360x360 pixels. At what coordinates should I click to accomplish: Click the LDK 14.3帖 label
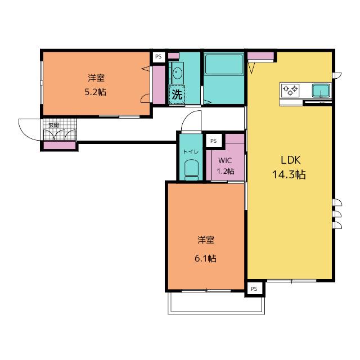click(289, 167)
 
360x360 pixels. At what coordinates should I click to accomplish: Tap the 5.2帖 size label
click(96, 92)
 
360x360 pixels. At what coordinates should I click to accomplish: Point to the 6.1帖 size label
click(205, 259)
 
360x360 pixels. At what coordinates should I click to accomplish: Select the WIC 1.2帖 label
click(225, 166)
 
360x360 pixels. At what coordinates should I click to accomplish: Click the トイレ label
click(191, 151)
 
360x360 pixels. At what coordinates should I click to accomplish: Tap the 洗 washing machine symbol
click(177, 94)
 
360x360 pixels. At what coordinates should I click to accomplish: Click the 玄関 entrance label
click(54, 125)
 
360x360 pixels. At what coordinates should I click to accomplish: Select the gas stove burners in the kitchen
click(290, 89)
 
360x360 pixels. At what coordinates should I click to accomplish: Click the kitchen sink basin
click(321, 90)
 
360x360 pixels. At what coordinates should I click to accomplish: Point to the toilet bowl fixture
click(191, 170)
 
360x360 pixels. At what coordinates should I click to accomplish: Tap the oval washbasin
click(177, 73)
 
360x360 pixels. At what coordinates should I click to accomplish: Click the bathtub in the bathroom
click(224, 64)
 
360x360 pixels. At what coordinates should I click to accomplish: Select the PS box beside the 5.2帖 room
click(159, 57)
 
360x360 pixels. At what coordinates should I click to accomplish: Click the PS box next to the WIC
click(214, 141)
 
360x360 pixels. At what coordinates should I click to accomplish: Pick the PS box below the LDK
click(254, 289)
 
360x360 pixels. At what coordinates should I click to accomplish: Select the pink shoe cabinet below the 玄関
click(60, 145)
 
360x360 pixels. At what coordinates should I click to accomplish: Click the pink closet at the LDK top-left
click(260, 56)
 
